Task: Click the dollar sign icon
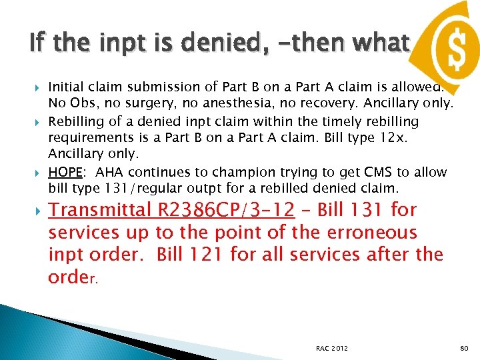pos(449,46)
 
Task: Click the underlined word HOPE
pos(65,172)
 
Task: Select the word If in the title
pos(38,44)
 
